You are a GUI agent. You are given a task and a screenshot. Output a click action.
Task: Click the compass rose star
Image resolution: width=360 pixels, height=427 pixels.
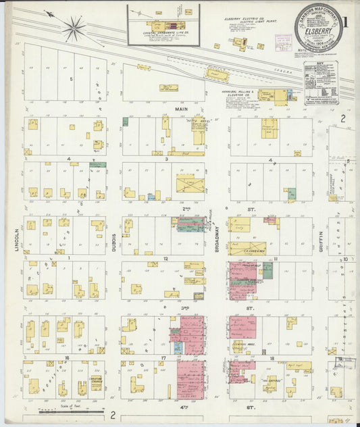click(x=74, y=28)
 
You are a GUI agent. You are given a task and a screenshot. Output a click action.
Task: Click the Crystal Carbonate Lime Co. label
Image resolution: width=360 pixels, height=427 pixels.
click(x=163, y=33)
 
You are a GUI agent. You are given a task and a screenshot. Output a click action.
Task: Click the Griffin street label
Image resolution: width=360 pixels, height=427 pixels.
click(x=321, y=238)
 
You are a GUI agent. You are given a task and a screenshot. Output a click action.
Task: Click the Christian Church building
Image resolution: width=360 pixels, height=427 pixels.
click(x=96, y=382)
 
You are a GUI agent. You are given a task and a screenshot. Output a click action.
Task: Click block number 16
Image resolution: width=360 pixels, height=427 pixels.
click(x=66, y=357)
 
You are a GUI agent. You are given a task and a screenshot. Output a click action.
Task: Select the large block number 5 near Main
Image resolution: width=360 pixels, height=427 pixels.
click(x=70, y=78)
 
